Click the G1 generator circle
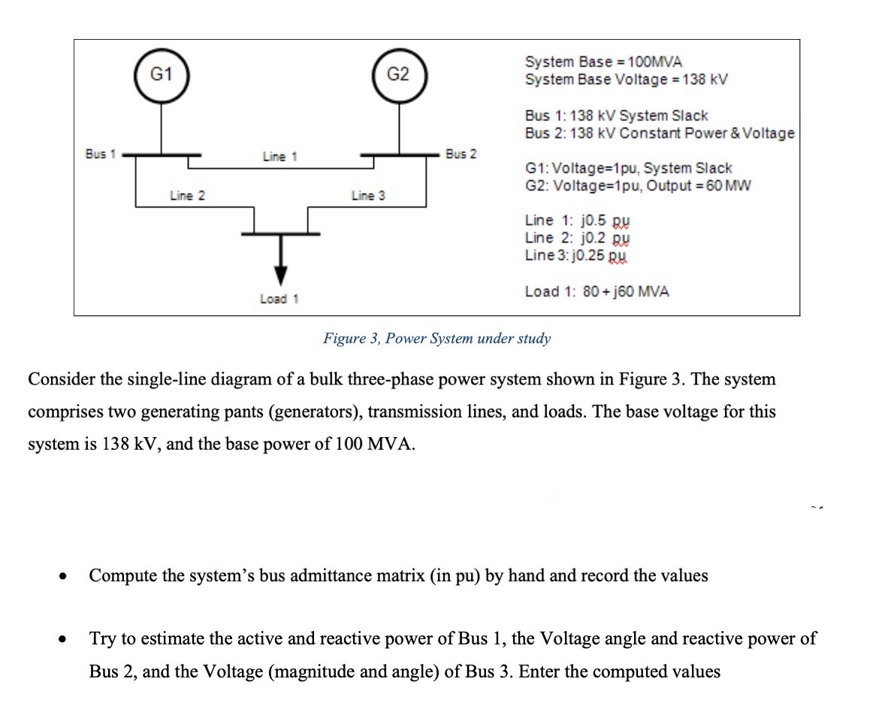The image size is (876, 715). tap(161, 74)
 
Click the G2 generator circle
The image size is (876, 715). tap(398, 74)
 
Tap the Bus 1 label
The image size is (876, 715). tap(100, 154)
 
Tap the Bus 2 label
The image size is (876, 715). tap(461, 154)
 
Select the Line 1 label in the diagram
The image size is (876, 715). tap(279, 157)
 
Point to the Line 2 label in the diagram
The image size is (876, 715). tap(187, 196)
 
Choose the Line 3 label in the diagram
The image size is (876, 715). tap(368, 196)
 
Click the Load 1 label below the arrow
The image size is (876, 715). tap(279, 299)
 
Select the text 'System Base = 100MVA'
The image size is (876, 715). tap(603, 62)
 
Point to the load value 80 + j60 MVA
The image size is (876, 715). tap(626, 291)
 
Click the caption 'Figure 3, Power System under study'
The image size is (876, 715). tap(436, 338)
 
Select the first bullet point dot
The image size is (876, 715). tap(64, 577)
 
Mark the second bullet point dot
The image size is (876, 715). tap(64, 640)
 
